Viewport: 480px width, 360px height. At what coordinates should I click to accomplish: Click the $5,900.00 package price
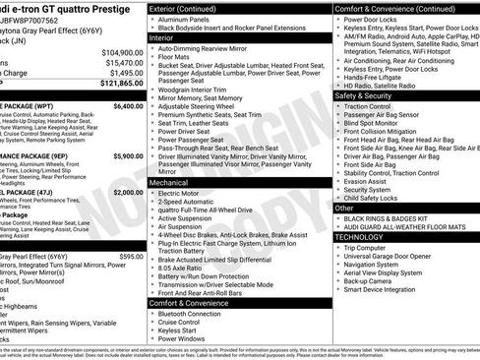(x=127, y=155)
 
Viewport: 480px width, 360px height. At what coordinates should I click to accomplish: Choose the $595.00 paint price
(x=131, y=256)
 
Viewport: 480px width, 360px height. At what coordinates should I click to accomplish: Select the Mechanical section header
(x=168, y=182)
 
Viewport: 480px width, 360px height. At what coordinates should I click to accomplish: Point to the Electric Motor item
(x=181, y=194)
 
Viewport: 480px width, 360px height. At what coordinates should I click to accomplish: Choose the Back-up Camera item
(x=372, y=280)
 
